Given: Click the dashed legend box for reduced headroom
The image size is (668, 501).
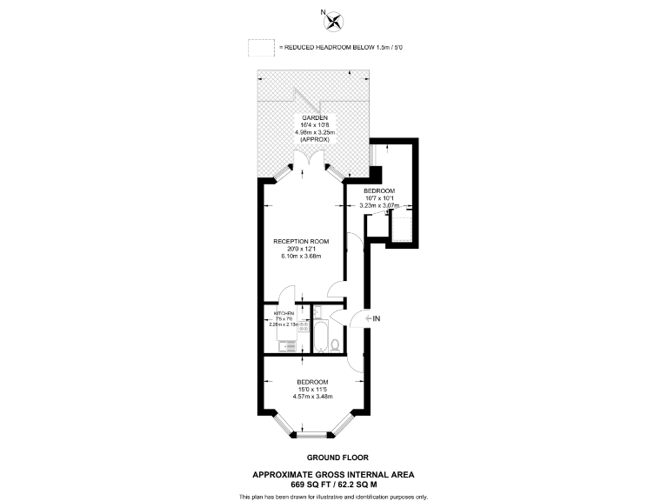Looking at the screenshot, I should point(262,47).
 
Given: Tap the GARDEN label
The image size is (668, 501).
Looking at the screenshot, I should point(314,117).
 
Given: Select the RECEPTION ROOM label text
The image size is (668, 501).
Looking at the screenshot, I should point(301,241).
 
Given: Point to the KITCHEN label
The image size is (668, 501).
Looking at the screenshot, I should point(284,312).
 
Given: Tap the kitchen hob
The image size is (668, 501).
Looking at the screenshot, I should point(293,324).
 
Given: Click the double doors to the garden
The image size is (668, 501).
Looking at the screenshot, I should point(310,162).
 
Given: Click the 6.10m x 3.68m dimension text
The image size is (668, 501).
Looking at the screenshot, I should point(301,257).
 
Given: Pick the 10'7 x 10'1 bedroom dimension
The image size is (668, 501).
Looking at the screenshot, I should point(378,198).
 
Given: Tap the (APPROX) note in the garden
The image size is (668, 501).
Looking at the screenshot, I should point(314,139).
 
